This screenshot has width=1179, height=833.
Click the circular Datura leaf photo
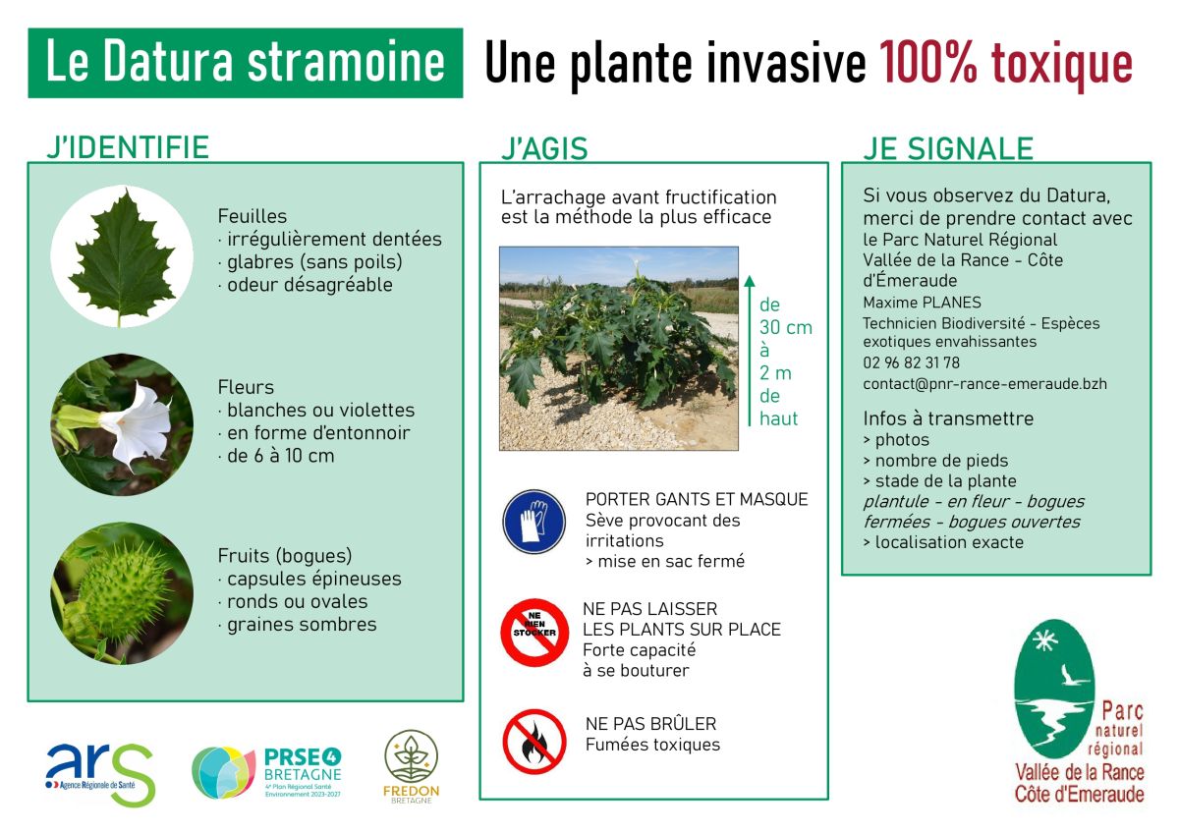(122, 256)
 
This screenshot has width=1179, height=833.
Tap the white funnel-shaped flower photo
(122, 424)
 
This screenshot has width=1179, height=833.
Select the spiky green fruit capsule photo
(122, 593)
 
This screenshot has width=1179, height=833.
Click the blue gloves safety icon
(533, 522)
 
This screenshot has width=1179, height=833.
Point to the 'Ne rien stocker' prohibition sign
(534, 632)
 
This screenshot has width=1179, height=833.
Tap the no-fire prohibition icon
(534, 742)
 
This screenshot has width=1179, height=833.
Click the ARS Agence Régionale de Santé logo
(100, 773)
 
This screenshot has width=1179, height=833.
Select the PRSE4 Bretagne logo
(267, 772)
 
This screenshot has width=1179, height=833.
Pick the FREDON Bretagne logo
(411, 766)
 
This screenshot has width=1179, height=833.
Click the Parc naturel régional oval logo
(1079, 711)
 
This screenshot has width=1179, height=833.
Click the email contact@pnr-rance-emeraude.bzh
(984, 384)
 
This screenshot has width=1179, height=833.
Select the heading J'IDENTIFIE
(128, 146)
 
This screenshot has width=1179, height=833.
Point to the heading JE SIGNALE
(948, 148)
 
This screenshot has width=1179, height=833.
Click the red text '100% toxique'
(1006, 63)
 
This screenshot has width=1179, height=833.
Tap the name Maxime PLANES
(923, 302)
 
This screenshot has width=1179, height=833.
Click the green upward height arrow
(750, 351)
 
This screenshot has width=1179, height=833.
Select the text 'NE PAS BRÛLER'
(651, 724)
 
